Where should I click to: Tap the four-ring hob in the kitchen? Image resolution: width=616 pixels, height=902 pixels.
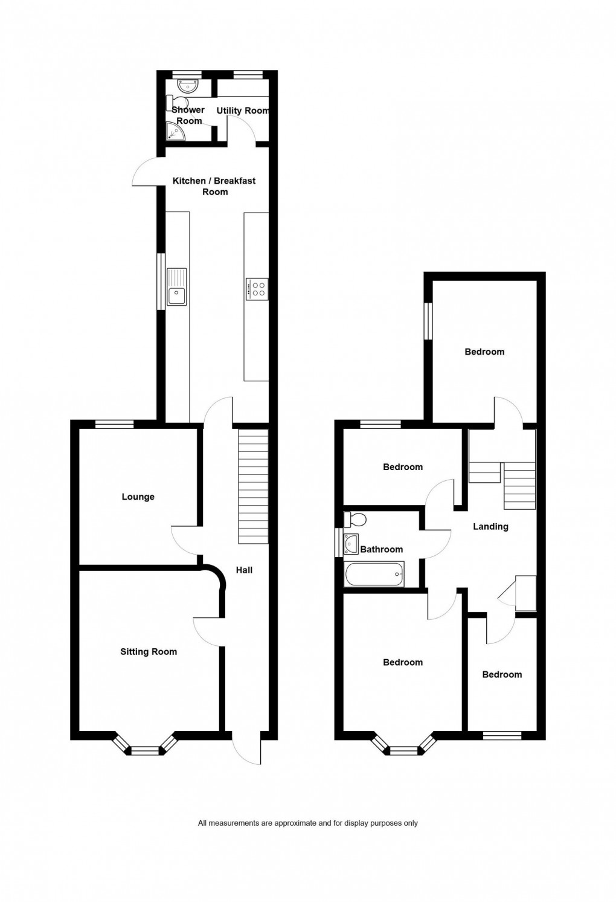257,289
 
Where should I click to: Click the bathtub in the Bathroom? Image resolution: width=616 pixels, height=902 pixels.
374,574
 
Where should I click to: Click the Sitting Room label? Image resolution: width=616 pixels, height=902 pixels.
149,651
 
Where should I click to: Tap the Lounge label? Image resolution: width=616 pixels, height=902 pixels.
138,497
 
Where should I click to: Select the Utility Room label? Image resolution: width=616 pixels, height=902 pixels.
242,111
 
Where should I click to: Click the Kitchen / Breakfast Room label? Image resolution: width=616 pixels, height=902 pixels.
214,186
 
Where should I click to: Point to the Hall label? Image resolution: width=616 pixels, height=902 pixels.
244,570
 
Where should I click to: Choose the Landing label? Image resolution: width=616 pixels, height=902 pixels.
490,526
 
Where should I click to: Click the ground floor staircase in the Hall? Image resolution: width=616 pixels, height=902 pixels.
253,486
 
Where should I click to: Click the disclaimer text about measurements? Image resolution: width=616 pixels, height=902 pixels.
307,823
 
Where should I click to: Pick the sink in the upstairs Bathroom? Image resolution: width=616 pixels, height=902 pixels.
350,543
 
